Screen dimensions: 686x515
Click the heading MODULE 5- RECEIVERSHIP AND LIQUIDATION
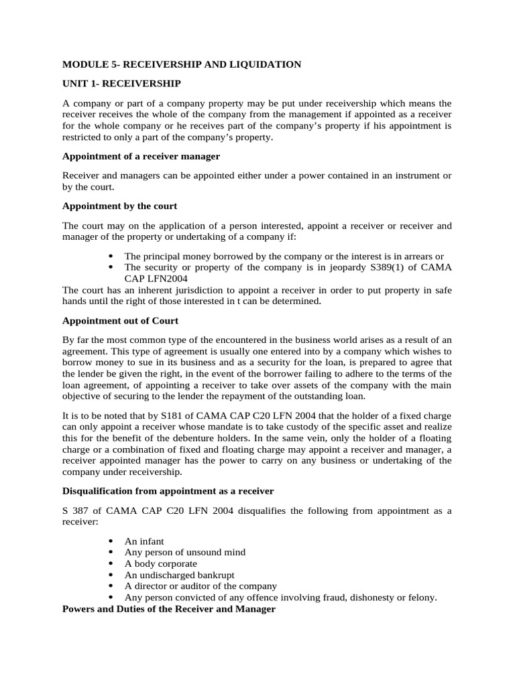point(182,64)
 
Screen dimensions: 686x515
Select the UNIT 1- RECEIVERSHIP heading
point(121,83)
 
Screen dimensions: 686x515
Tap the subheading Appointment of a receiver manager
point(141,156)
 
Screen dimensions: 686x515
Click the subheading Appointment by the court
point(119,206)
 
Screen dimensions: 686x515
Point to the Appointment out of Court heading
point(124,321)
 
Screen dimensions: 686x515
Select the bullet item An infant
point(144,541)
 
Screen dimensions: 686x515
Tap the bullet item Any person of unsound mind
point(184,552)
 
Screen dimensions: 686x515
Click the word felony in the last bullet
point(421,598)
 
